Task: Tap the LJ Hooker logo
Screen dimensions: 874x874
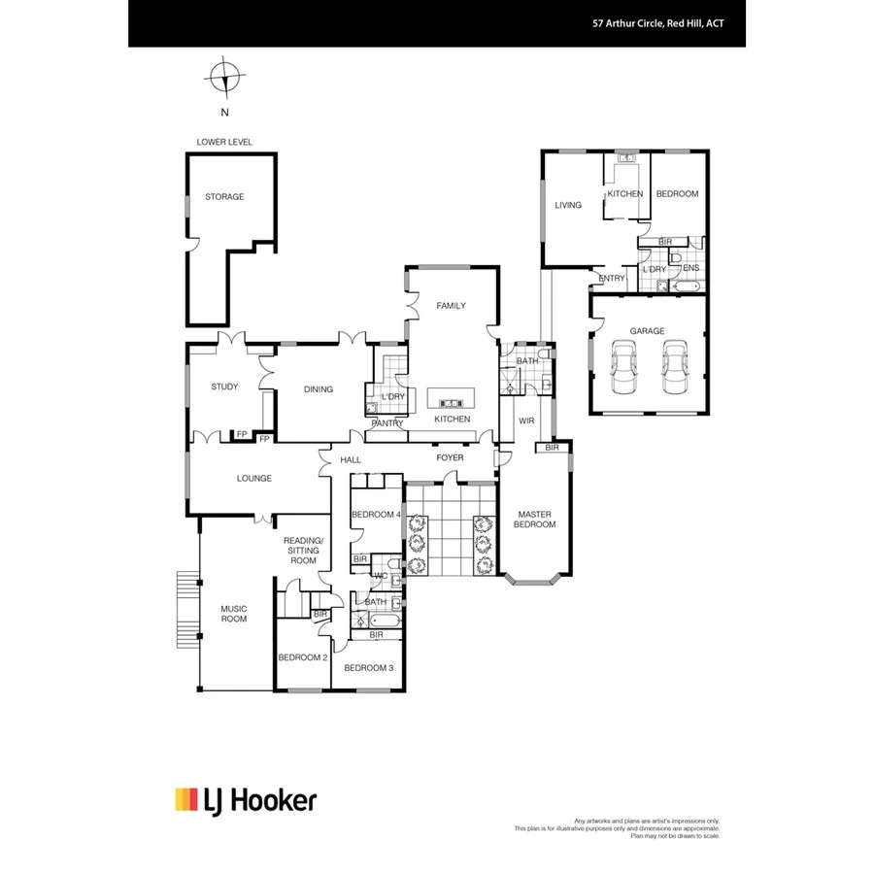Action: point(245,800)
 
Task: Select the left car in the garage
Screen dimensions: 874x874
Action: point(622,367)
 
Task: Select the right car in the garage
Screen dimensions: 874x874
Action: point(674,367)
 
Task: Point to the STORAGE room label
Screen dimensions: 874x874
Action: point(224,197)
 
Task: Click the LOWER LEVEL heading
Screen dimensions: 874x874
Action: point(224,142)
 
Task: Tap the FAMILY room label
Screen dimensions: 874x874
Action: point(451,306)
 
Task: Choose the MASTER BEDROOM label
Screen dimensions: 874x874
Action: point(536,520)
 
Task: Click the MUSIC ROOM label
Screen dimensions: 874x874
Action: point(233,614)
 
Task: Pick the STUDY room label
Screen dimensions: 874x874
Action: point(224,387)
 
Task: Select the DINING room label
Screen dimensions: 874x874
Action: point(318,389)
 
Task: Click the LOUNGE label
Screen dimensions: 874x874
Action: point(254,478)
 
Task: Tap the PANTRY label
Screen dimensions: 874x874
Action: point(387,423)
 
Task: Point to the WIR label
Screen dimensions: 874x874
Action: point(527,421)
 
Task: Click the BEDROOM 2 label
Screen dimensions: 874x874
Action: point(302,657)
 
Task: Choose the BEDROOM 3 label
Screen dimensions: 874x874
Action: point(368,668)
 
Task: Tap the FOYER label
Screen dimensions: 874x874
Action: point(450,457)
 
